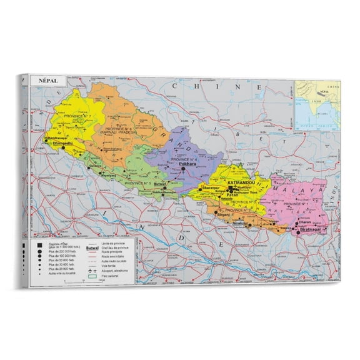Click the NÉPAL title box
[48, 81]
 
